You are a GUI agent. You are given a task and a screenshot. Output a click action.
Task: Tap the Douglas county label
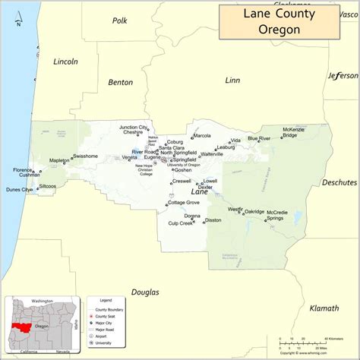[x=144, y=292]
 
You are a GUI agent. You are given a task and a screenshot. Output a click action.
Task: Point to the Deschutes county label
[x=339, y=182]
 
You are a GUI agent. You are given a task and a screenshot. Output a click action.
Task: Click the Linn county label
[x=232, y=80]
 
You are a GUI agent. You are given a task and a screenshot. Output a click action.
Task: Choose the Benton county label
[x=120, y=81]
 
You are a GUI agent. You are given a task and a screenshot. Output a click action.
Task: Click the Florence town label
[x=23, y=170]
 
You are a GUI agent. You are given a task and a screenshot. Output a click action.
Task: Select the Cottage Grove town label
[x=184, y=203]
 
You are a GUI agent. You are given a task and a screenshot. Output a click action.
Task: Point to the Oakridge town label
[x=254, y=212]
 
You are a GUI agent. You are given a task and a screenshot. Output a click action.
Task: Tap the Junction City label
[x=133, y=127]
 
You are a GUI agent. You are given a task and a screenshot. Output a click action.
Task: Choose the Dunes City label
[x=19, y=189]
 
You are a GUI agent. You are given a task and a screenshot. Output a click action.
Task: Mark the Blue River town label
[x=258, y=139]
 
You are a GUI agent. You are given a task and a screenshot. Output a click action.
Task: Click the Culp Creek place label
[x=181, y=223]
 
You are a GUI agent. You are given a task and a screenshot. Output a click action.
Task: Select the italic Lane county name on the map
[x=188, y=191]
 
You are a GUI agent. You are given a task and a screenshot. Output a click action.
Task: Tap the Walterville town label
[x=212, y=154]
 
